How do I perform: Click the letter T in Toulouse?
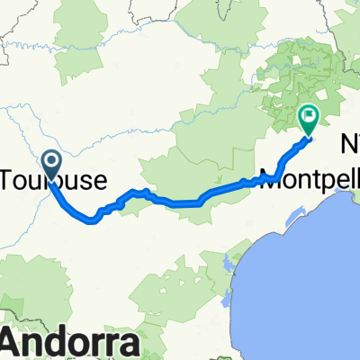point(12,176)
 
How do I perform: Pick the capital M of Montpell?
point(269,176)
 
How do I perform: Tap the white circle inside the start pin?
point(50,162)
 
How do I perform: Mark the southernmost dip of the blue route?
point(93,219)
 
